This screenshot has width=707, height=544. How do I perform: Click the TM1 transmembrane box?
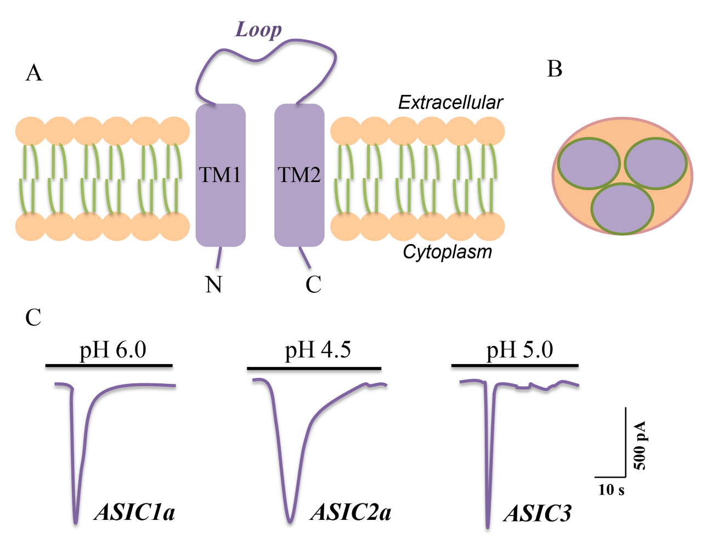tap(220, 175)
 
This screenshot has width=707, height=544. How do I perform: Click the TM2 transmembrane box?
tap(299, 175)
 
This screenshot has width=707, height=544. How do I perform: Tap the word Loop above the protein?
tap(258, 30)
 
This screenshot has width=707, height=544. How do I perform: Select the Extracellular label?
tap(450, 103)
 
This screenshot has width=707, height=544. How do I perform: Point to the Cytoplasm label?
tap(447, 252)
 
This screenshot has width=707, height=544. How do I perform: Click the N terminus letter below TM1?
tap(213, 285)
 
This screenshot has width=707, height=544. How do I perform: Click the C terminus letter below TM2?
tap(313, 285)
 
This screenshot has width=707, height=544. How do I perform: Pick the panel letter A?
tap(33, 73)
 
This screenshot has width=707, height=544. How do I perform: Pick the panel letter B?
tap(555, 69)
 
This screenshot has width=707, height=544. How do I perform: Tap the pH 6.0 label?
tap(113, 350)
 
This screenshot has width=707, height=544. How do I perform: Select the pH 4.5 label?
tap(318, 350)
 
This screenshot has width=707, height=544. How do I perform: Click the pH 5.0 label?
tap(519, 350)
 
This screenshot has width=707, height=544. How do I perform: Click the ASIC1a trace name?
tap(135, 512)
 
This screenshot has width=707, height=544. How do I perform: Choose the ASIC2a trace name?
tap(351, 512)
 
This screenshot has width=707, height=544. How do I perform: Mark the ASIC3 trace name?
tap(538, 514)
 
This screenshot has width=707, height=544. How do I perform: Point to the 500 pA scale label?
tap(640, 445)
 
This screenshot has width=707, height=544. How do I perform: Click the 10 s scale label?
tap(611, 490)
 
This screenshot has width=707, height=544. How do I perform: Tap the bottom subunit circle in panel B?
tap(623, 209)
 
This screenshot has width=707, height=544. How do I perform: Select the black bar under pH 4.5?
tap(314, 368)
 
